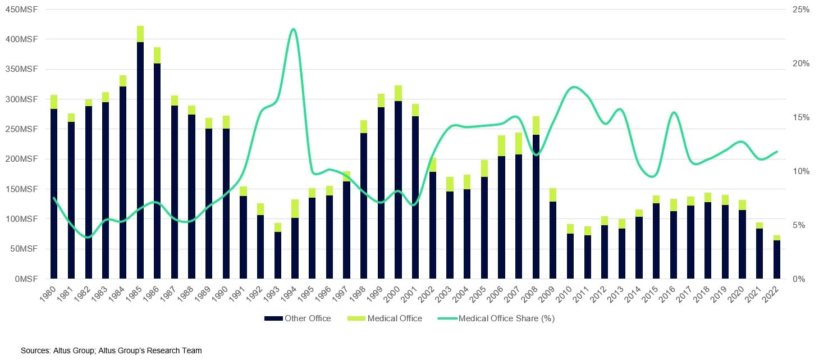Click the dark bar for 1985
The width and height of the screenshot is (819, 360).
(x=140, y=160)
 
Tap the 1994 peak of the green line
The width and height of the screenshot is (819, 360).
(x=294, y=29)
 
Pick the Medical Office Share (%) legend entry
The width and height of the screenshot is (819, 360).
(x=506, y=318)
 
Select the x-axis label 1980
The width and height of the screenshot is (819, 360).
(x=50, y=292)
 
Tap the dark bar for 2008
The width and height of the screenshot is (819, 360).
(x=536, y=207)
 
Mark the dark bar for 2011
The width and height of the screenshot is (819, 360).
(x=588, y=257)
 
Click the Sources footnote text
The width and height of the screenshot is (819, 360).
(x=111, y=350)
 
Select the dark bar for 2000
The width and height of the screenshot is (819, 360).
(x=398, y=190)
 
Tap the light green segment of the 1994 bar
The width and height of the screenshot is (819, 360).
(x=295, y=208)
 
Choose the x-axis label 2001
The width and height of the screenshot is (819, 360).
(x=411, y=292)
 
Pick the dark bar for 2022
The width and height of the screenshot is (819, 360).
(x=776, y=259)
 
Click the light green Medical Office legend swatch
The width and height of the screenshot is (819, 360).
(x=356, y=318)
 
